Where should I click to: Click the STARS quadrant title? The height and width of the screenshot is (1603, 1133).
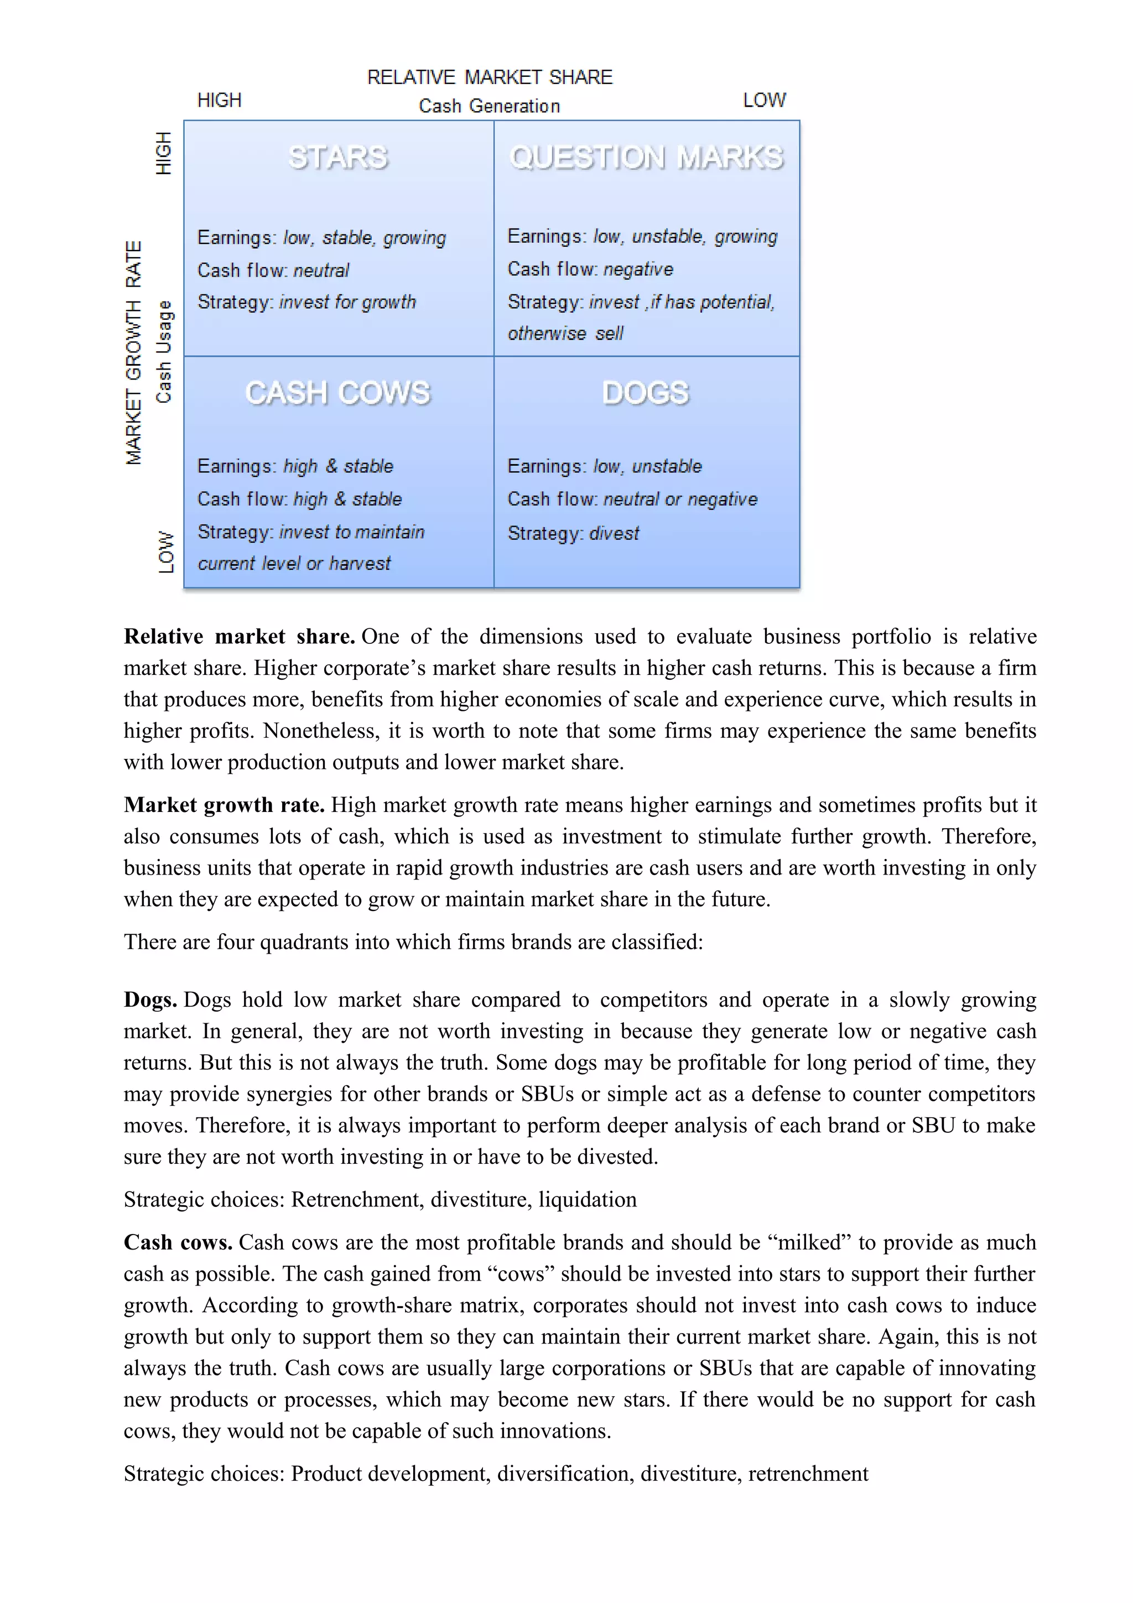[x=338, y=157]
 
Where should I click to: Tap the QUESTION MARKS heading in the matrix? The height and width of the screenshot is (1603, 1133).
[x=646, y=157]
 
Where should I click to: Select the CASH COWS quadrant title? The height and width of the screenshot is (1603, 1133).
[x=338, y=393]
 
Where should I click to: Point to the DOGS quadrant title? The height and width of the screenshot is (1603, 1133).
[x=646, y=393]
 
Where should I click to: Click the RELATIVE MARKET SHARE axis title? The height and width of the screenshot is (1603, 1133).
[x=490, y=77]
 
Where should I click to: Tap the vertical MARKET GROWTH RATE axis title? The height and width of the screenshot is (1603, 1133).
[x=133, y=352]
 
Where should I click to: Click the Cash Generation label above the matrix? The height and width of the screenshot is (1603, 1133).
[x=490, y=106]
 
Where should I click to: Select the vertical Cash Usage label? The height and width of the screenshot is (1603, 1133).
[x=163, y=352]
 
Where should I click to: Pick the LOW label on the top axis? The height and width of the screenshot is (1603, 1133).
[x=765, y=101]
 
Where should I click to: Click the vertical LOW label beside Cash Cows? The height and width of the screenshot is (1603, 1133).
[x=165, y=552]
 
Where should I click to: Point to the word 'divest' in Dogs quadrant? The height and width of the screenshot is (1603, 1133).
[x=614, y=533]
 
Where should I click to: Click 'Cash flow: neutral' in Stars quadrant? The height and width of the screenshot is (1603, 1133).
[x=273, y=270]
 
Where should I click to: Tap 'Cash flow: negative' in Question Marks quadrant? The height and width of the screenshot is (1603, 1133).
[x=590, y=269]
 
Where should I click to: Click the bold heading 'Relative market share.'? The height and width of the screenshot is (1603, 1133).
[x=240, y=636]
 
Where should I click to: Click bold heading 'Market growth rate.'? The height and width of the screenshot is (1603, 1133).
[x=224, y=805]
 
